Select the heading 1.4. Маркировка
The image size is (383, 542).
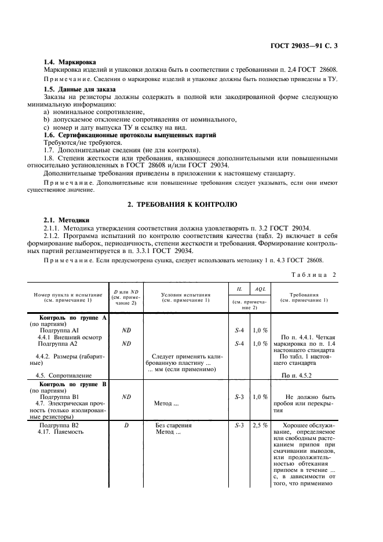(x=70, y=62)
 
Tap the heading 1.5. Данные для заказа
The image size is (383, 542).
(x=80, y=89)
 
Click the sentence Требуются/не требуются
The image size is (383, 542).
(x=83, y=142)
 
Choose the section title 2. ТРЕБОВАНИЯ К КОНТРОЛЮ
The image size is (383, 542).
(x=191, y=204)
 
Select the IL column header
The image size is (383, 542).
(x=239, y=288)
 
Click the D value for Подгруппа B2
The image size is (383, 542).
(x=126, y=425)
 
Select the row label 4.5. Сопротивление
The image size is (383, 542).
(x=65, y=376)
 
